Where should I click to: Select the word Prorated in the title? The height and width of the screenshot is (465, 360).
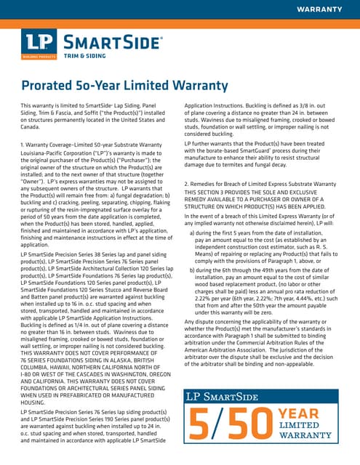click(x=50, y=86)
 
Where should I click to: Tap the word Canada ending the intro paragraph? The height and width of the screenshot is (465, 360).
click(x=32, y=127)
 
